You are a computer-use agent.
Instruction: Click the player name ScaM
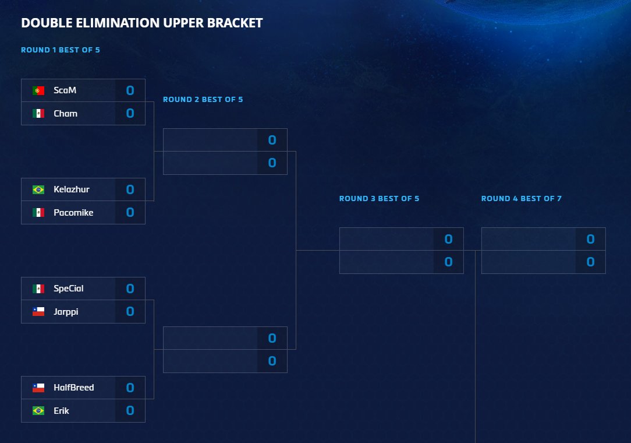[65, 90]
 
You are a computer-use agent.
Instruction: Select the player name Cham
[65, 114]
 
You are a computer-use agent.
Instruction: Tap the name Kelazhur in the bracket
[71, 189]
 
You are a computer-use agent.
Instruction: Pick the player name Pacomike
[73, 213]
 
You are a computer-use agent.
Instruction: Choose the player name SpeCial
[69, 289]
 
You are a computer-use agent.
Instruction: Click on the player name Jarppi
[66, 312]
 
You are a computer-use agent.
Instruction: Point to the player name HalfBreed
[73, 388]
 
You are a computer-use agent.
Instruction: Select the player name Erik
[61, 411]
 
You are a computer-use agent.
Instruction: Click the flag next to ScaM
[38, 90]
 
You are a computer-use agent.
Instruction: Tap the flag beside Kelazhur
[38, 189]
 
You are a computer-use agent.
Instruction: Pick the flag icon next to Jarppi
[38, 312]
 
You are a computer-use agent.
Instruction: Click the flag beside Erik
[38, 411]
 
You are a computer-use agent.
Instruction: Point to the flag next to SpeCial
[38, 289]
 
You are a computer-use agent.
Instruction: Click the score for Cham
[130, 114]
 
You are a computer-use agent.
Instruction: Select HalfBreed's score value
[130, 388]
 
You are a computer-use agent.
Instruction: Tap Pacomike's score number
[130, 213]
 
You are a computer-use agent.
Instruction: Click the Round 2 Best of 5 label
[203, 100]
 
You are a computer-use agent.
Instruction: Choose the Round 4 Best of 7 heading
[521, 199]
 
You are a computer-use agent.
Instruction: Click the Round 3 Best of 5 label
[379, 199]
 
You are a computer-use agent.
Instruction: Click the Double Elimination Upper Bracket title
[141, 23]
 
